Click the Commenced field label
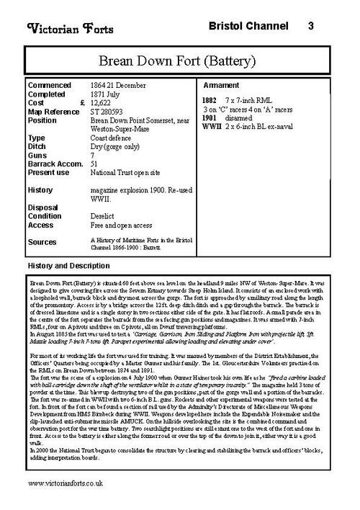click(50, 86)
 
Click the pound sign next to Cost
click(84, 103)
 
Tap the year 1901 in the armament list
click(210, 117)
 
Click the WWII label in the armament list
click(212, 125)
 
